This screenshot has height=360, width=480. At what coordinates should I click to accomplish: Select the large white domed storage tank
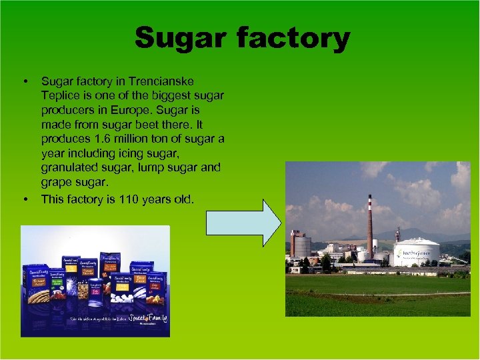coord(416,251)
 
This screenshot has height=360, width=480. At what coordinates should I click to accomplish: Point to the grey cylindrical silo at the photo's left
coord(302,246)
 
